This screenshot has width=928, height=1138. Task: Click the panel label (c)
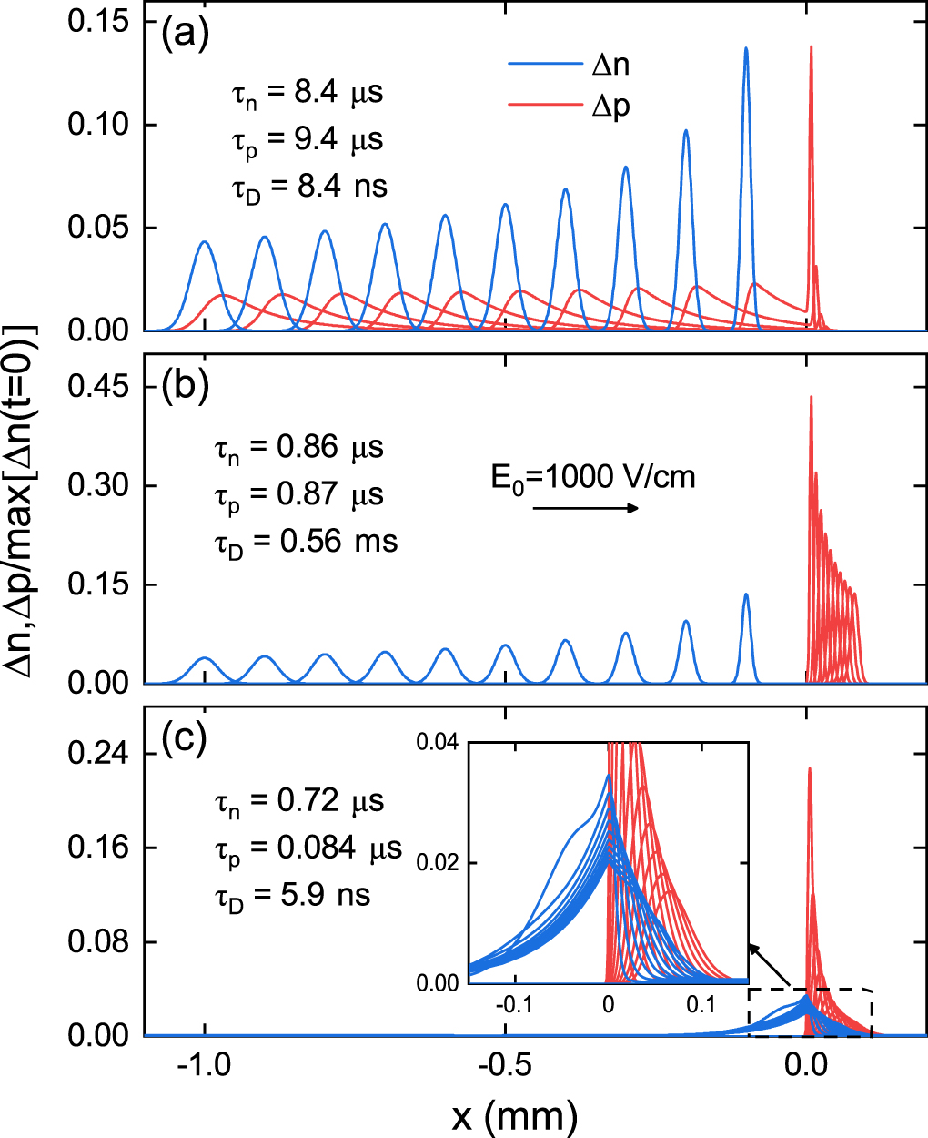(185, 738)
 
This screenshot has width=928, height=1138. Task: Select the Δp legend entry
(569, 107)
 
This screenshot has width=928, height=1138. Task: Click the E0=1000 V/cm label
(593, 477)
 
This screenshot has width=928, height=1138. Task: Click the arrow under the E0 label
(586, 508)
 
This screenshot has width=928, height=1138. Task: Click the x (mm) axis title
(514, 1114)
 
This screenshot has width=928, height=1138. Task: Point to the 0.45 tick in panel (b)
(97, 388)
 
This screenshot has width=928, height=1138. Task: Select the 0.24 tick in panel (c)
(97, 754)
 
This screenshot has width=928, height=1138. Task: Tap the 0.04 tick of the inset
(438, 743)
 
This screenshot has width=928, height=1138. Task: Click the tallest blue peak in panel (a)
(746, 50)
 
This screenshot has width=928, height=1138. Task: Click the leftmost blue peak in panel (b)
(205, 658)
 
